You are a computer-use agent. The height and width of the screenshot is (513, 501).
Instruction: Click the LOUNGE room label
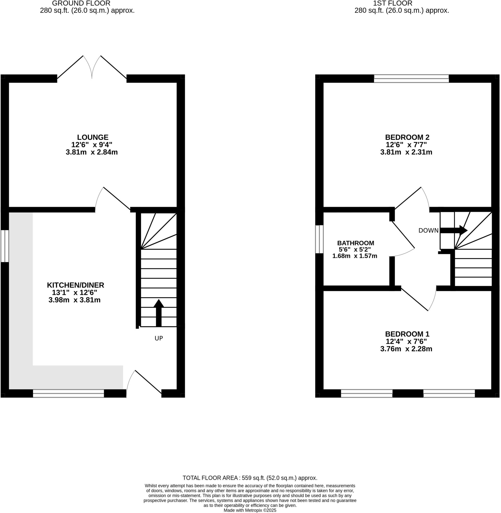pyautogui.click(x=93, y=137)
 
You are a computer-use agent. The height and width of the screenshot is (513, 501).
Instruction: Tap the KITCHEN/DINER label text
pyautogui.click(x=75, y=285)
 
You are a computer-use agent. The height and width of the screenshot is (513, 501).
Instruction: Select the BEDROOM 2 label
pyautogui.click(x=407, y=137)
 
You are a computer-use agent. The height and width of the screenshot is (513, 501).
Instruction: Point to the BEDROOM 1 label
pyautogui.click(x=407, y=334)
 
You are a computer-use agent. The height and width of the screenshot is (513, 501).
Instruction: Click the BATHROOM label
pyautogui.click(x=355, y=243)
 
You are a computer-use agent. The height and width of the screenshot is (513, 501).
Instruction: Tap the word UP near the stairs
pyautogui.click(x=159, y=338)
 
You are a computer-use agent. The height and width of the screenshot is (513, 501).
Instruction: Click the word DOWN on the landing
pyautogui.click(x=428, y=231)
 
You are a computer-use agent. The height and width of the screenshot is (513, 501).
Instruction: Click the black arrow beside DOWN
pyautogui.click(x=453, y=230)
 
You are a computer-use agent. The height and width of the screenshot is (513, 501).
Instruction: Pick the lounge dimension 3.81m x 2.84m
pyautogui.click(x=91, y=152)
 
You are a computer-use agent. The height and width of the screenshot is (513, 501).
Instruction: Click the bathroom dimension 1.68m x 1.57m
pyautogui.click(x=355, y=256)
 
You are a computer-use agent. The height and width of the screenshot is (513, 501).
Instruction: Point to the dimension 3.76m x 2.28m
pyautogui.click(x=406, y=349)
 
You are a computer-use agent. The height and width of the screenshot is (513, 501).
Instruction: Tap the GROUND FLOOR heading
pyautogui.click(x=81, y=4)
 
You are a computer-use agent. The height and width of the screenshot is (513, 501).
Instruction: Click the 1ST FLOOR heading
pyautogui.click(x=392, y=4)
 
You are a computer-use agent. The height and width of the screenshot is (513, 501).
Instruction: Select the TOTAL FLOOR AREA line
pyautogui.click(x=250, y=478)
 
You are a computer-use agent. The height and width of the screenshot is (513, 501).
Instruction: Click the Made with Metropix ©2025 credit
pyautogui.click(x=250, y=510)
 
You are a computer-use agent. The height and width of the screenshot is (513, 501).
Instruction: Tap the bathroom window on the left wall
pyautogui.click(x=319, y=239)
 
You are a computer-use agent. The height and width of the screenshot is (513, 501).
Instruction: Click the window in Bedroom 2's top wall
pyautogui.click(x=411, y=78)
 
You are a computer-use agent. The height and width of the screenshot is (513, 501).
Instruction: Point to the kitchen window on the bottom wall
pyautogui.click(x=68, y=393)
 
